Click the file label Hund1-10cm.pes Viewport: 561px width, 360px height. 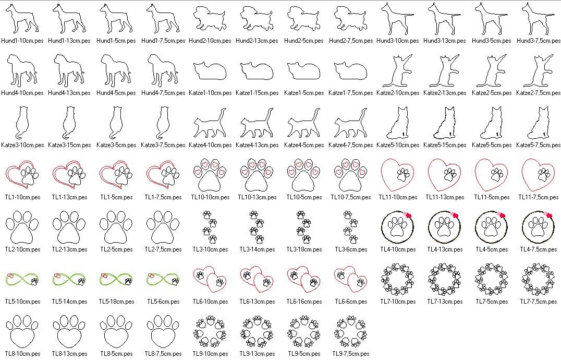pyautogui.click(x=22, y=41)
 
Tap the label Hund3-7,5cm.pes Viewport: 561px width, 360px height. pyautogui.click(x=539, y=41)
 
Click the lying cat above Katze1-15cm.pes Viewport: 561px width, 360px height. pyautogui.click(x=257, y=71)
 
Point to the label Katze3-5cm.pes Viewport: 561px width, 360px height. pyautogui.click(x=116, y=145)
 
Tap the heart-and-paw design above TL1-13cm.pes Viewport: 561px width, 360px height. pyautogui.click(x=69, y=175)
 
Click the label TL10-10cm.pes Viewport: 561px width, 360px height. pyautogui.click(x=210, y=197)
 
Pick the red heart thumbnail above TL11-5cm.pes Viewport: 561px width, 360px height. pyautogui.click(x=491, y=175)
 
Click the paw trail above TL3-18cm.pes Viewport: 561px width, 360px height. pyautogui.click(x=304, y=227)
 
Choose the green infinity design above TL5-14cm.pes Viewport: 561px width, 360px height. pyautogui.click(x=69, y=279)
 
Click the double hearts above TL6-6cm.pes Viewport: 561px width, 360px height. pyautogui.click(x=350, y=279)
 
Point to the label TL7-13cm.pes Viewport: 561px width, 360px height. pyautogui.click(x=445, y=302)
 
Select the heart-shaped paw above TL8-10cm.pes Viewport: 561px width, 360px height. pyautogui.click(x=22, y=331)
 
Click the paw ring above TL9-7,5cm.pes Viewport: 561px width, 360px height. pyautogui.click(x=350, y=331)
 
